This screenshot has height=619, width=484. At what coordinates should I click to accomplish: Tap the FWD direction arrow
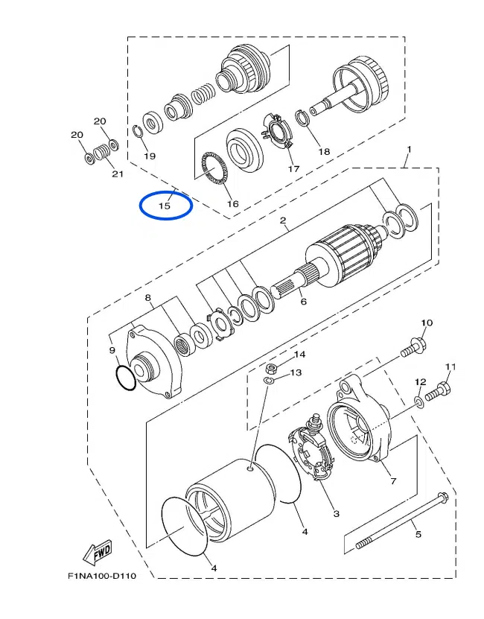tap(97, 553)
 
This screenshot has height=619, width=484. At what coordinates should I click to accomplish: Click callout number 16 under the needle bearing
tap(232, 203)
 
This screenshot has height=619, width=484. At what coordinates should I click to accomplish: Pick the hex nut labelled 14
tap(273, 367)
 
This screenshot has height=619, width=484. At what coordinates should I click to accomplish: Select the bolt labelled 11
tap(440, 388)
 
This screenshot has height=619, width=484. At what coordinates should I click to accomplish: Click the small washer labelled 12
tap(420, 402)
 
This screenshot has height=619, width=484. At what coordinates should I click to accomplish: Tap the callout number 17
tap(293, 168)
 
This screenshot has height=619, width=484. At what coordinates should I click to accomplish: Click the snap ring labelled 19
tap(138, 132)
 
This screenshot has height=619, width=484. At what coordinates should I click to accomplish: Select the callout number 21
tap(116, 174)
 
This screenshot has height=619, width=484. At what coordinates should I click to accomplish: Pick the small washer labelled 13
tap(270, 380)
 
